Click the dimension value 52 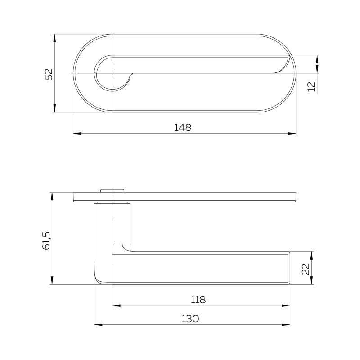49,74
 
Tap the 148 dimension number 183,127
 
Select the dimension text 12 311,86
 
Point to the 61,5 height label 46,240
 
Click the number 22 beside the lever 306,269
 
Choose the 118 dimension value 198,300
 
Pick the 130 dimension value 190,319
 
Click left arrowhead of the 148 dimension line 77,133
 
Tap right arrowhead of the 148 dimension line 292,133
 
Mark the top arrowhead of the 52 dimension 54,38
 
